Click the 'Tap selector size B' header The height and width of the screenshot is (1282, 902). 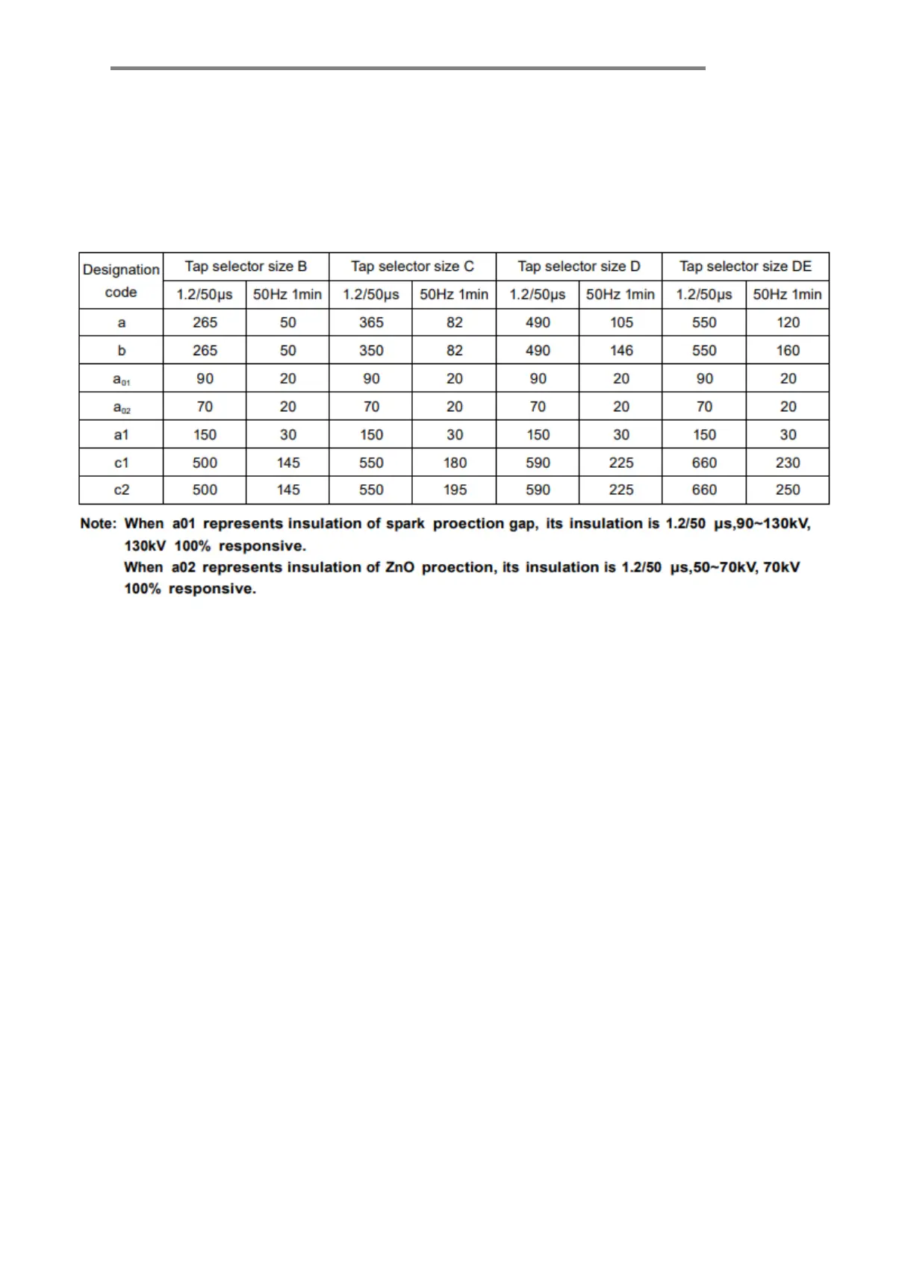tap(246, 266)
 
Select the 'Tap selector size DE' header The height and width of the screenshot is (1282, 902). tap(745, 266)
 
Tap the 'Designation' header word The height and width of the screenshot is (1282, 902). tap(121, 269)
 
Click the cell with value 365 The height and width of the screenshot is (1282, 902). tap(371, 322)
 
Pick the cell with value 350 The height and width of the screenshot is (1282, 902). tap(371, 351)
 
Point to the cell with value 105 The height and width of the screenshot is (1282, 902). tap(621, 322)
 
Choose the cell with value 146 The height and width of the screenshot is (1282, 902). tap(621, 351)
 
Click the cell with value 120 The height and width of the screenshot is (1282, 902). tap(788, 322)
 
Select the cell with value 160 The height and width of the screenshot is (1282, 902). tap(788, 351)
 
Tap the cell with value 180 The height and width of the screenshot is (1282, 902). tap(455, 463)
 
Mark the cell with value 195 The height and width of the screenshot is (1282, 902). tap(455, 490)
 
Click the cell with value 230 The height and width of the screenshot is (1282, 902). tap(788, 463)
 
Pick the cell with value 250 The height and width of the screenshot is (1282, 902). tap(788, 490)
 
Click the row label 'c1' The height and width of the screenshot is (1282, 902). tap(121, 463)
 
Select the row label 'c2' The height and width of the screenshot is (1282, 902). tap(121, 490)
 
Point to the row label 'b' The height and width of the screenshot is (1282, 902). tap(122, 351)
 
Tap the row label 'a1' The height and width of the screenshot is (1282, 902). tap(121, 434)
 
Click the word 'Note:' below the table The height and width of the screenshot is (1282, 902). tap(98, 524)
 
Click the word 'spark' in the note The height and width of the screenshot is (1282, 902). tap(405, 524)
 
